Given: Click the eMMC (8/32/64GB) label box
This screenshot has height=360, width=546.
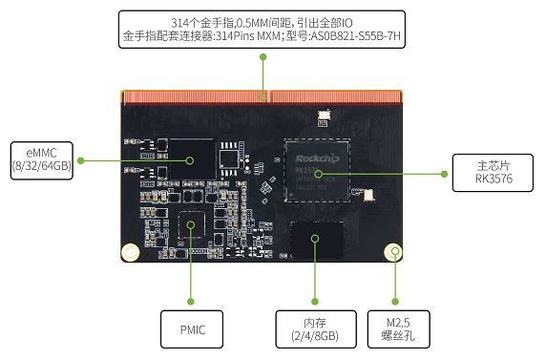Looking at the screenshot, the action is pos(42,160).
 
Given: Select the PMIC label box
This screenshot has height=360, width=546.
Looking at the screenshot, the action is pos(192,329).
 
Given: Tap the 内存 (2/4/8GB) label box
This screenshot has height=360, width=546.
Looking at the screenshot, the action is pos(316,329).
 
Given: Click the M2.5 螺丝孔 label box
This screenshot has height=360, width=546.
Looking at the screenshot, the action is pos(399,329).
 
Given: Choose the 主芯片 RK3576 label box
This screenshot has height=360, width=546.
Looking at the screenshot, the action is pos(493,173).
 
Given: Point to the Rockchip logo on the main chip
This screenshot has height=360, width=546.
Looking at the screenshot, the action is pos(317,159).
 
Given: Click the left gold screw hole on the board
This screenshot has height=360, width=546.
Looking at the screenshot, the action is pos(130,251).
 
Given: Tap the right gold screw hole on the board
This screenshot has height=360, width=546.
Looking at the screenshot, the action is pos(392,251).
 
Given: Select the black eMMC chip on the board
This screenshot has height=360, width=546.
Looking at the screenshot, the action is pos(192,159).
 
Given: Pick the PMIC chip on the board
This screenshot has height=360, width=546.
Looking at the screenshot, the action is pos(191,224).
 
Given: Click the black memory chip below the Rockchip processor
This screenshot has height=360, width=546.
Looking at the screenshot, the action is pos(317,239).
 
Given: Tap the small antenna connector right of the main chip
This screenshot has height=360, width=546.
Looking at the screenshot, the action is pos(368,195).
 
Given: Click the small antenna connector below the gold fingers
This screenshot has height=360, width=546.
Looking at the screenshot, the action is pos(325,115).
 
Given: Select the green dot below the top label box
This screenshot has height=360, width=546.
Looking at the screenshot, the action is pos(263,56).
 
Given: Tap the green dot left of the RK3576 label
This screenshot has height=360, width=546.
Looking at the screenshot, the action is pos(444,174).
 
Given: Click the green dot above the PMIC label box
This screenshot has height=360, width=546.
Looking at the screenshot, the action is pos(191,302).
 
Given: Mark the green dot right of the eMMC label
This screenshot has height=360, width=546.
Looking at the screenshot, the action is pos(81,160).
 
